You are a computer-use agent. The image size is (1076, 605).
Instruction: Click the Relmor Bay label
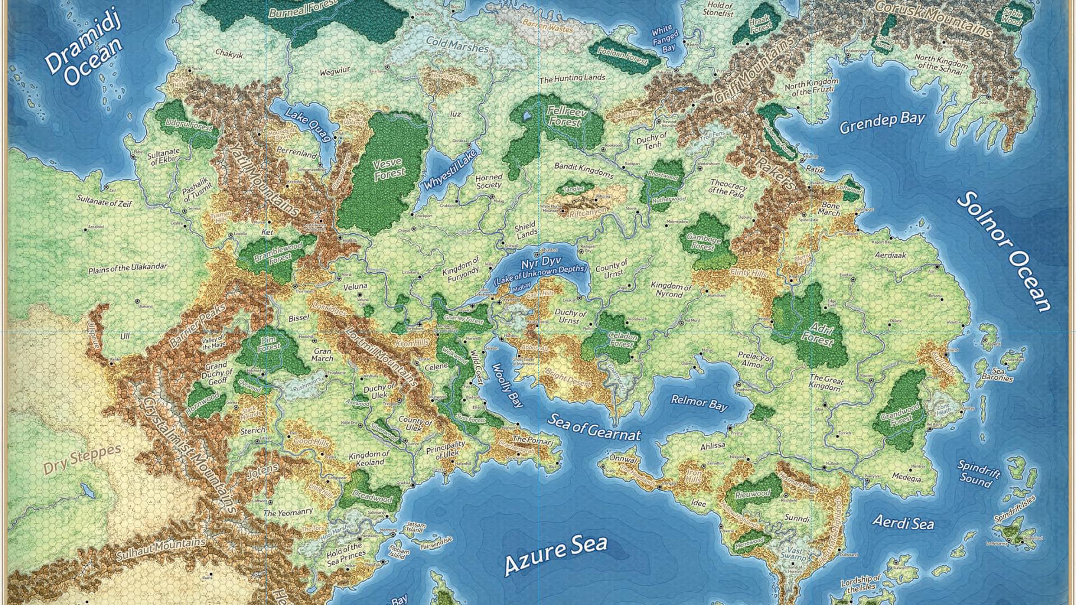699,402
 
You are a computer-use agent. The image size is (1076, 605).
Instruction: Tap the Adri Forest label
818,332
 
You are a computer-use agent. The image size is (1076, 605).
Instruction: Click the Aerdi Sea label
903,522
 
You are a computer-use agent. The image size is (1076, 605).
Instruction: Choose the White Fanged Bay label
665,39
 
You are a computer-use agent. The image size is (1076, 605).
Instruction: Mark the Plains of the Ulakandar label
127,269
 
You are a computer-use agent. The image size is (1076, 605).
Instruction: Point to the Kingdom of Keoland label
368,458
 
